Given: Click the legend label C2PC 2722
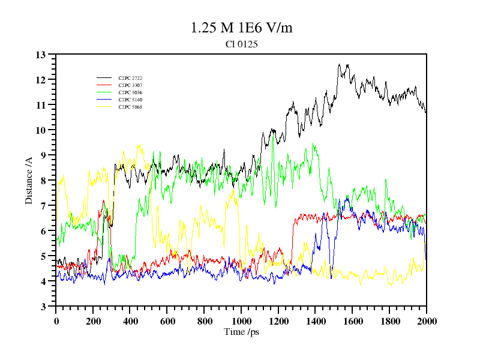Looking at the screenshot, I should coord(130,79).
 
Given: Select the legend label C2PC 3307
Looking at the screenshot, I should coord(130,86).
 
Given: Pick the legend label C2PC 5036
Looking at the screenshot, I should coord(130,93).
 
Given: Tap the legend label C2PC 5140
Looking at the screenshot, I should coord(130,100).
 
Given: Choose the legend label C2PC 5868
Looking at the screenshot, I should coord(130,107).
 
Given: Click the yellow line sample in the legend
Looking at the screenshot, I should coord(104,107).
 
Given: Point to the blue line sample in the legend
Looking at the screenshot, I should coord(104,100).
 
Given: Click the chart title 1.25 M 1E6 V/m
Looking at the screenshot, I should coord(241,28).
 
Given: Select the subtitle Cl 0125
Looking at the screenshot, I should coord(241,44).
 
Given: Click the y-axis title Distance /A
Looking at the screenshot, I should coord(29,180).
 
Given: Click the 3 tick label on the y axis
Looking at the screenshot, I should coord(43,307).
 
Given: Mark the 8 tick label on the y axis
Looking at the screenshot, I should coord(43,181).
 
